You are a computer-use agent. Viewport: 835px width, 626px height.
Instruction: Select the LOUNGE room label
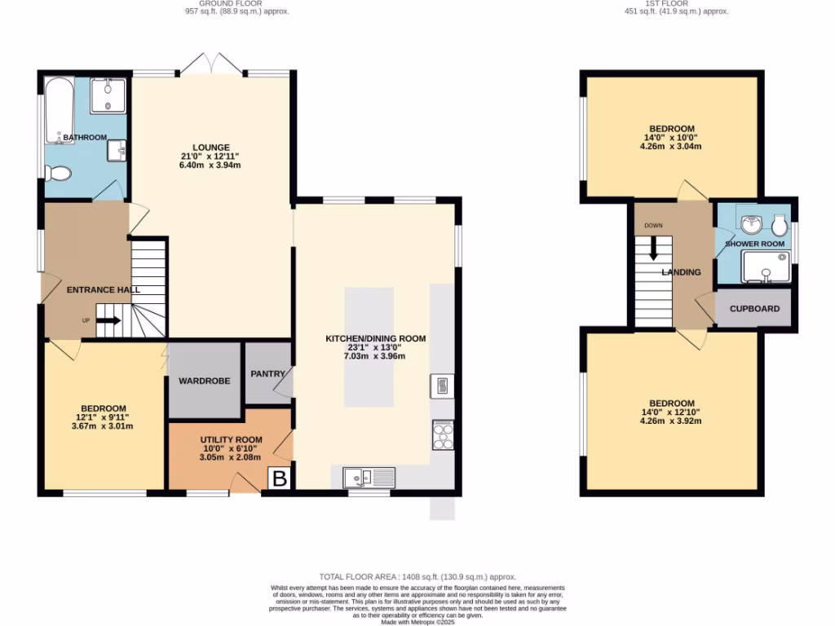click(x=210, y=148)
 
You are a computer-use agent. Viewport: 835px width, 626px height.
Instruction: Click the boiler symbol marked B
click(x=279, y=478)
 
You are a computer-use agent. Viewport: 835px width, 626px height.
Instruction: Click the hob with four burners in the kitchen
click(x=443, y=434)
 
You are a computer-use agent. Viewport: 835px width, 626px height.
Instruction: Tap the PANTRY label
click(x=267, y=374)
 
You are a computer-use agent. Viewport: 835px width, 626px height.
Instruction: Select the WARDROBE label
click(x=204, y=381)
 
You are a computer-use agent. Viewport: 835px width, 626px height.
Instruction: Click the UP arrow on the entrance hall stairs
click(x=110, y=320)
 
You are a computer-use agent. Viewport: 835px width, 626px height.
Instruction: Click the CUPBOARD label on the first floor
click(x=754, y=309)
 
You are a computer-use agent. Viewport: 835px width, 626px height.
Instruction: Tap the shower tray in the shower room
click(x=766, y=267)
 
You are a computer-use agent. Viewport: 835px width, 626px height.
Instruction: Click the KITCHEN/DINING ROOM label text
click(x=376, y=338)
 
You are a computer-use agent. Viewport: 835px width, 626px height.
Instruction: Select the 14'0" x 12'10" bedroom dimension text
click(x=672, y=412)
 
